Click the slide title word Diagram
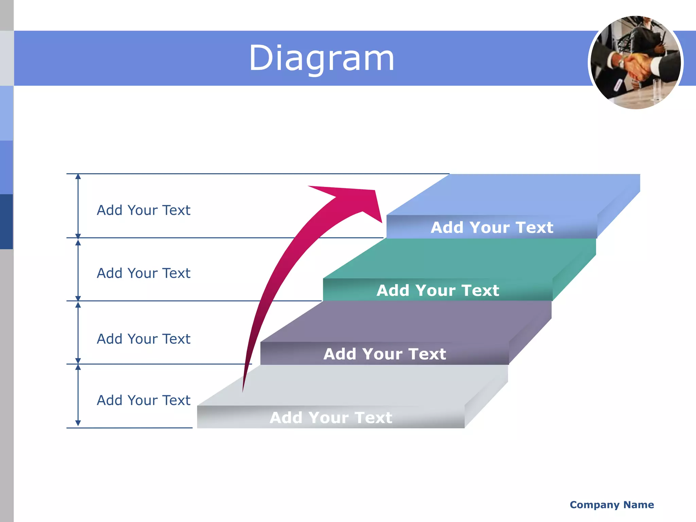coord(321,58)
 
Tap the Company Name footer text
coord(612,505)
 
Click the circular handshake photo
coord(636,63)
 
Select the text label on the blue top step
coord(492,227)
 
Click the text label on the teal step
coord(438,291)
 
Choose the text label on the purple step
coord(385,354)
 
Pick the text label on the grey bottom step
coord(331,417)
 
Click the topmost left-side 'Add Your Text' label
coord(143,210)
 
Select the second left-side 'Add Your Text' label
coord(143,273)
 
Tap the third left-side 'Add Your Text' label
coord(143,339)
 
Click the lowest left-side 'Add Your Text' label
coord(143,400)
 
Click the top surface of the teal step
coord(459,258)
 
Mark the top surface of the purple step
coord(404,321)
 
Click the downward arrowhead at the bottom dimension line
coord(78,423)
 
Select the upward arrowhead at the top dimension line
coord(78,176)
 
